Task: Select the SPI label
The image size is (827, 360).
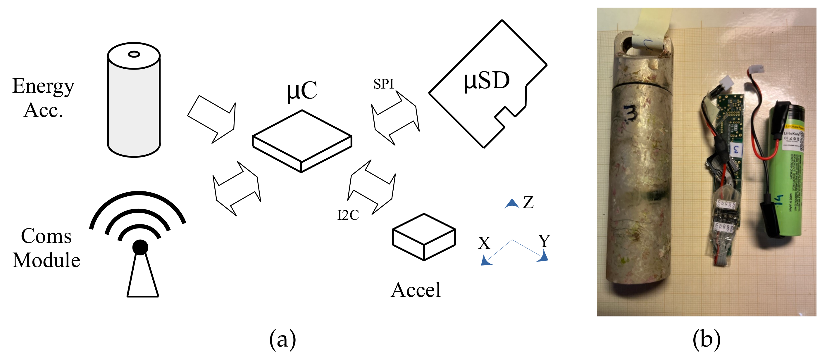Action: (x=383, y=84)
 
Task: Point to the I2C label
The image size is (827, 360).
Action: (x=348, y=215)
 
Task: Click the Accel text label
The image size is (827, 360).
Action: (x=416, y=290)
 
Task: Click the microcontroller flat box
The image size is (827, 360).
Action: (x=302, y=141)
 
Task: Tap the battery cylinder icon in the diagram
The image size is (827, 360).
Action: (x=134, y=103)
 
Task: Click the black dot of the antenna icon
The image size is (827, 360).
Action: (x=140, y=247)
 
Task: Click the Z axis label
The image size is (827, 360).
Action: (x=528, y=203)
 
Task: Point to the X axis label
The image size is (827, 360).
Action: (x=484, y=243)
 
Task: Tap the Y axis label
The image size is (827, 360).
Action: (x=544, y=241)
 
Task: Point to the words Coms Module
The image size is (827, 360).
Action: (x=46, y=248)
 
